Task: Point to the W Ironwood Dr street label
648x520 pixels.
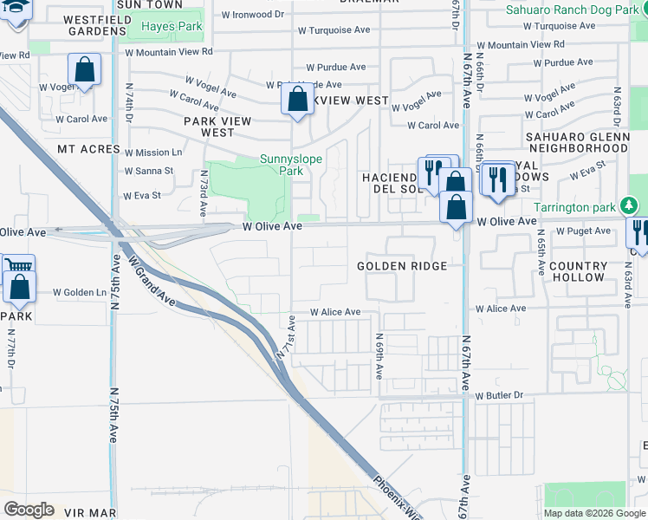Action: [x=252, y=15]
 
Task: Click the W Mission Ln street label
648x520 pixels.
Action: [x=152, y=152]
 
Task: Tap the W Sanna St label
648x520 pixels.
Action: [x=149, y=171]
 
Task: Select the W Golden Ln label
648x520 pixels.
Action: [x=80, y=292]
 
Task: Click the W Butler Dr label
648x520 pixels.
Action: [x=500, y=395]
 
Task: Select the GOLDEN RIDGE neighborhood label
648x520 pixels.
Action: [x=402, y=266]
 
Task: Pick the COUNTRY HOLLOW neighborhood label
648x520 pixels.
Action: [x=578, y=271]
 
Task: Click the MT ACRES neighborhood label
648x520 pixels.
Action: [x=88, y=149]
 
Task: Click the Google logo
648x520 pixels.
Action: [x=29, y=510]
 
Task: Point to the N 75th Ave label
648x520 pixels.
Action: [x=113, y=416]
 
